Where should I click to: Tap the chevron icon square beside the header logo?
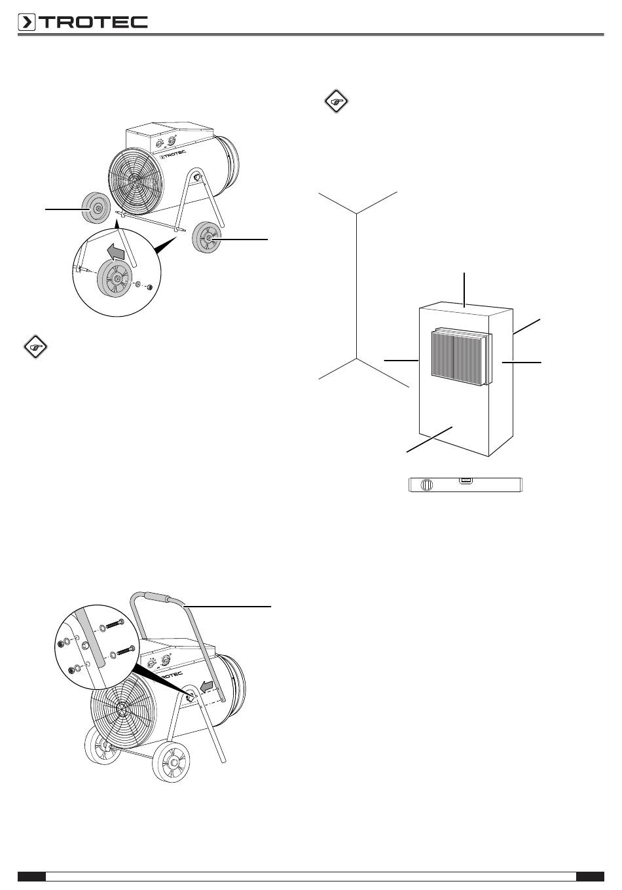(27, 22)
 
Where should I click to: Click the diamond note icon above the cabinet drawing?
(337, 101)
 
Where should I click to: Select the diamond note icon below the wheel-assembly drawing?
(35, 346)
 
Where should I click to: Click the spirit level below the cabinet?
(466, 484)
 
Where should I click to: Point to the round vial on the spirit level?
(427, 485)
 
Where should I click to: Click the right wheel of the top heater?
(206, 238)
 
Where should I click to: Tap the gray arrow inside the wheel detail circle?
(117, 252)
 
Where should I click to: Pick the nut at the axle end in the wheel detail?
(150, 287)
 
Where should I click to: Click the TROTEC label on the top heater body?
(174, 155)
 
